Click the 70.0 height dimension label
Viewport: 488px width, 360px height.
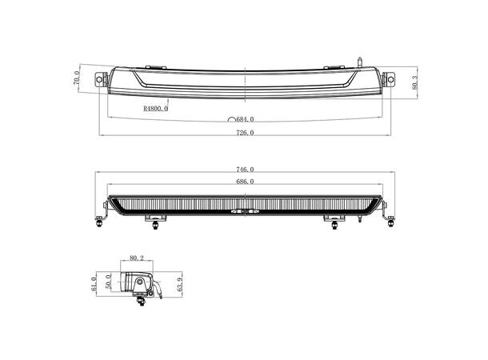[77, 80]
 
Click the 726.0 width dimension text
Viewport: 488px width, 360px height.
[245, 133]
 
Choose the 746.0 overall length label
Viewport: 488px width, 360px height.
[245, 170]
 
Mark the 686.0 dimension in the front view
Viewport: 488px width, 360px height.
[245, 182]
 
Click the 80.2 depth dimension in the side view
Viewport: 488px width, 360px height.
[136, 258]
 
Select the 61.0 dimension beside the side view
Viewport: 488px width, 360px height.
[94, 285]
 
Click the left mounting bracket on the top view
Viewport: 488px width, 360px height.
[101, 79]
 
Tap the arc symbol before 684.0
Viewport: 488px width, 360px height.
[231, 118]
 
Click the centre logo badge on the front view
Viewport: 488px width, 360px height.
[245, 213]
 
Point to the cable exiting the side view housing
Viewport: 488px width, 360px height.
[160, 289]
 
